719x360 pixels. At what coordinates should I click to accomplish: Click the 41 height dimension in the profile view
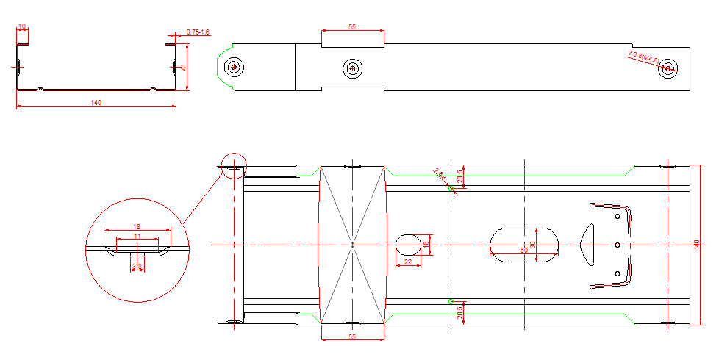coord(184,67)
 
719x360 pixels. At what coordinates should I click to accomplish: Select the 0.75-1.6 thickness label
coord(198,32)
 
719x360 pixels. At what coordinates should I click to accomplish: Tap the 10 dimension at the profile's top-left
coord(22,26)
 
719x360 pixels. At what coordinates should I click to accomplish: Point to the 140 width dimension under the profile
coord(96,103)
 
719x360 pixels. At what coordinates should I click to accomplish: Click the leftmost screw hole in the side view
coord(234,67)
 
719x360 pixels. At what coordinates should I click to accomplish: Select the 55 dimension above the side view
coord(352,26)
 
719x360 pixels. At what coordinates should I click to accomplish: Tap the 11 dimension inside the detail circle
coord(137,237)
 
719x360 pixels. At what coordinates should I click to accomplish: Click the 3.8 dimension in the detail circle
coord(137,265)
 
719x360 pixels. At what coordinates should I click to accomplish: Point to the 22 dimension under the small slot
coord(408,262)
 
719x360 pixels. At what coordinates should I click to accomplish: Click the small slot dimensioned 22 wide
coord(408,243)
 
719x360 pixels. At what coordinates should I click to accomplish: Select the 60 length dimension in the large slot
coord(523,250)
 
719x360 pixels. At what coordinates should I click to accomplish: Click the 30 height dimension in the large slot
coord(533,244)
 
